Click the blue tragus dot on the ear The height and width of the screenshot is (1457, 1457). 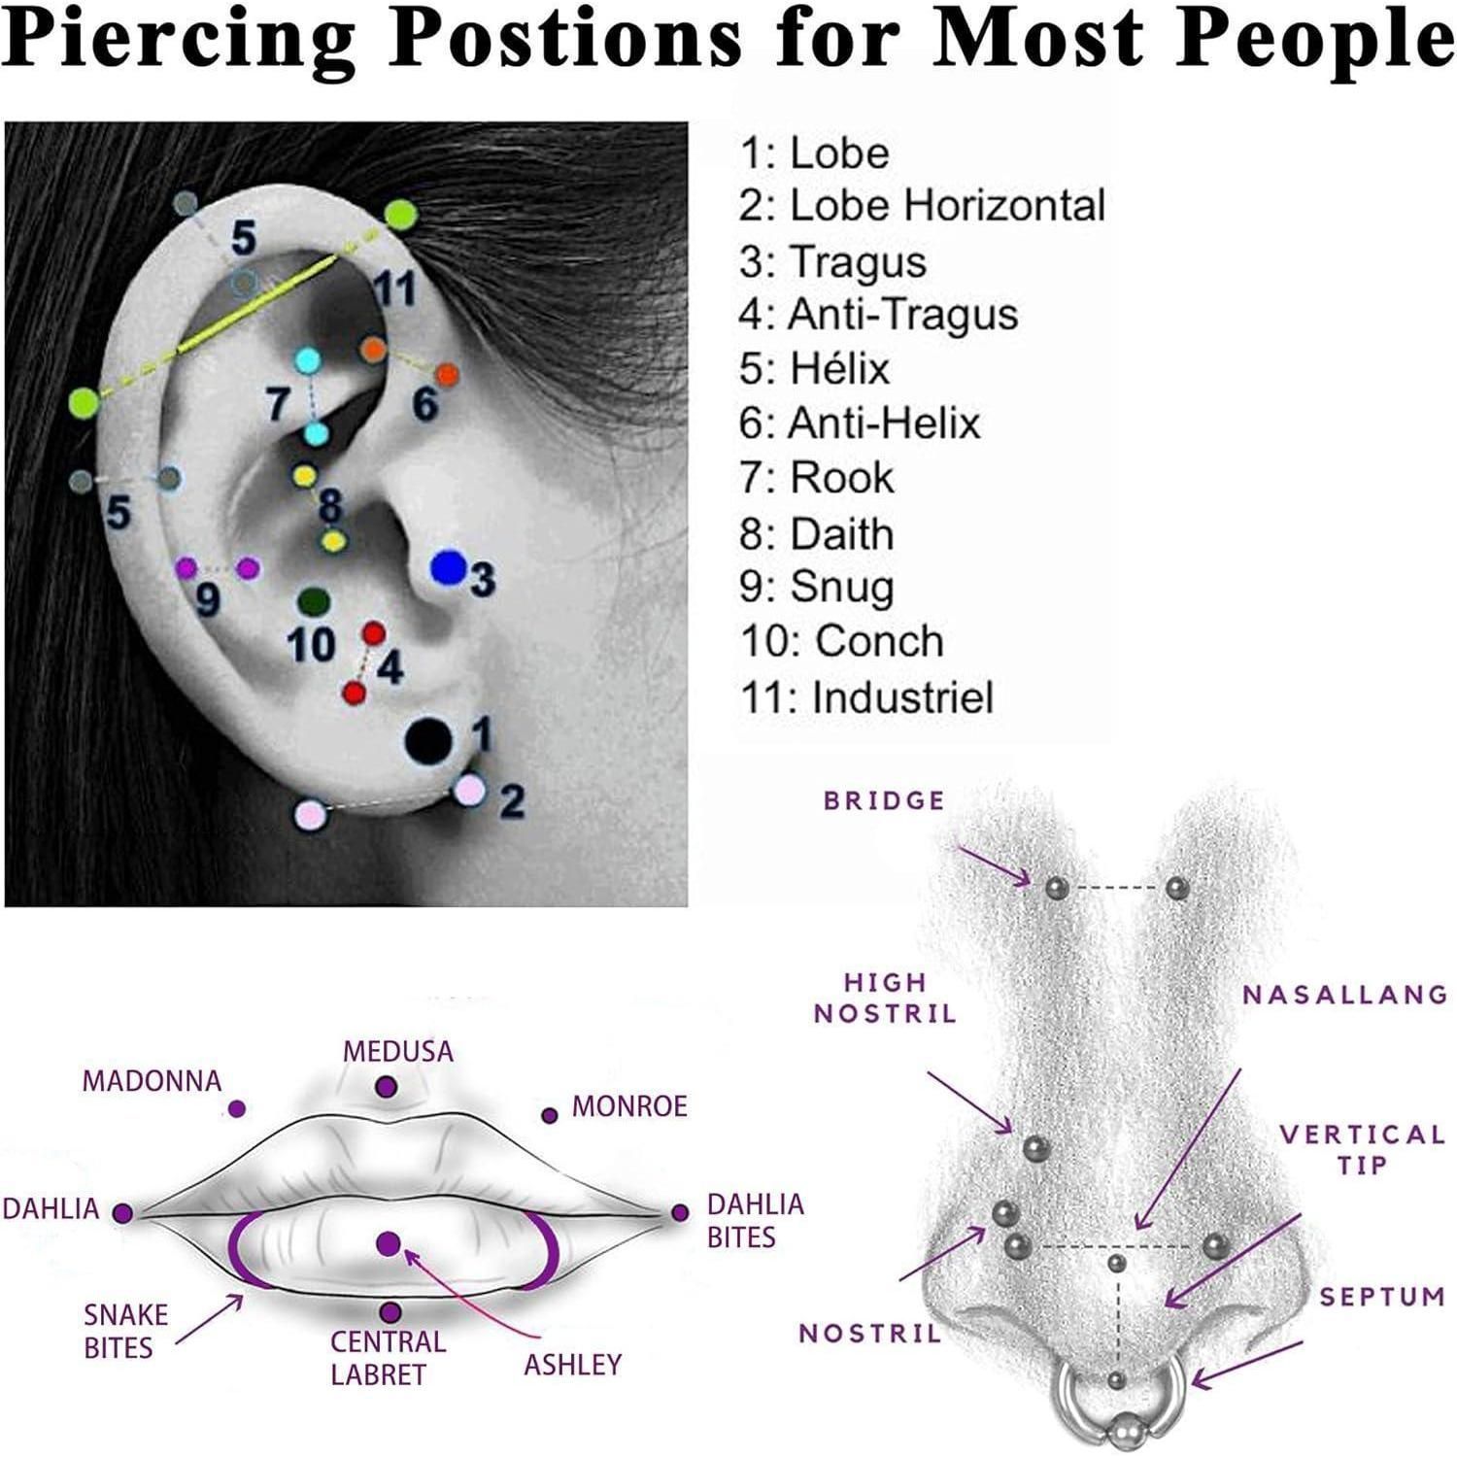coord(449,567)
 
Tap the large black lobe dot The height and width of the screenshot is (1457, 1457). coord(428,741)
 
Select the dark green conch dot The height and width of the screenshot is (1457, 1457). coord(312,602)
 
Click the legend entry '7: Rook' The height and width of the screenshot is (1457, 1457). coord(816,478)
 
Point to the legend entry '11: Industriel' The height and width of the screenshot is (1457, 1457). coord(867,697)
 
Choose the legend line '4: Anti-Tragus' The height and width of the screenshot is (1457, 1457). coord(878,314)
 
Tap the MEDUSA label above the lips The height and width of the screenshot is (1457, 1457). coord(398,1051)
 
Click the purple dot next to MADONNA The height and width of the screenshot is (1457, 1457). coord(236,1108)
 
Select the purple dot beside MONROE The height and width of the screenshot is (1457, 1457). coord(550,1116)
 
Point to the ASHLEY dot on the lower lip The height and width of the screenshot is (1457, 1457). coord(389,1243)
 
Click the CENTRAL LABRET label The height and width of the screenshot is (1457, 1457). coord(388,1358)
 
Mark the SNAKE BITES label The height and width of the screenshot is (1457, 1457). coord(125,1332)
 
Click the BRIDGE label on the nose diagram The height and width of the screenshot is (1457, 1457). coord(884,800)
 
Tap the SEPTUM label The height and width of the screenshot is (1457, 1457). coord(1382,1296)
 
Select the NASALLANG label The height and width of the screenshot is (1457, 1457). coord(1345,995)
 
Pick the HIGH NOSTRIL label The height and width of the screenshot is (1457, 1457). coord(885,999)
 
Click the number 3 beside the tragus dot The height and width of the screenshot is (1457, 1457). coord(483,579)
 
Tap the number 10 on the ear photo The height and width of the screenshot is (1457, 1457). coord(312,643)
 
